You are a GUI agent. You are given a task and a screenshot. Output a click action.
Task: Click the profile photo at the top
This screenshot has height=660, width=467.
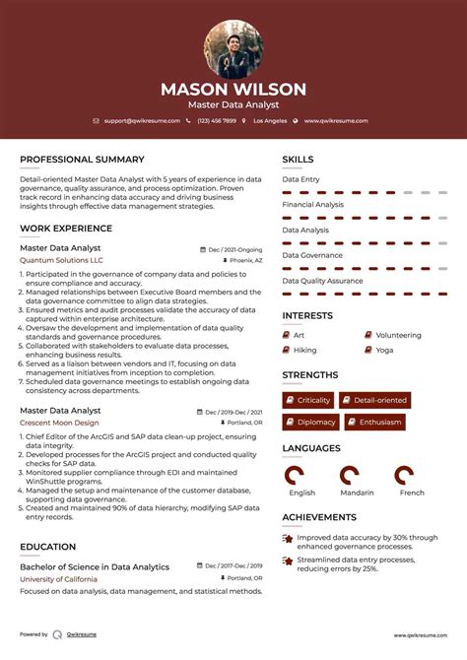point(233,49)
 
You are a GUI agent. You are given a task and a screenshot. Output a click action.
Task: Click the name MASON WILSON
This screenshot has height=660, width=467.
point(233,90)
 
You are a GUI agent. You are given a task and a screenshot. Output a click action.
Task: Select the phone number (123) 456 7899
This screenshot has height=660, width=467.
point(216,120)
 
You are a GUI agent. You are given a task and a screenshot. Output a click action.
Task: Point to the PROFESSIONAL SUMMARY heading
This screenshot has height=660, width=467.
point(82,159)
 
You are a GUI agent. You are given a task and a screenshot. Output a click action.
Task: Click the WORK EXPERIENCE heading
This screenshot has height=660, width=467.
point(66,229)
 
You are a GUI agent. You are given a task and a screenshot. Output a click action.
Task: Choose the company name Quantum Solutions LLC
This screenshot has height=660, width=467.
point(61,260)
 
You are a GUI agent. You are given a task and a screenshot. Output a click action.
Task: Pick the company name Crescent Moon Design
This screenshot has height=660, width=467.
point(61,422)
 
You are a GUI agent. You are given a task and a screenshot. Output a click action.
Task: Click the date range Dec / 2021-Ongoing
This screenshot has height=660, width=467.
point(234,249)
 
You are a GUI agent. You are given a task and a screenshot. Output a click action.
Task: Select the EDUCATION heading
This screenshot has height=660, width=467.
point(47,547)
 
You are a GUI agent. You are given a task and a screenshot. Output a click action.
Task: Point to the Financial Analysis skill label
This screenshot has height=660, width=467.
point(313,204)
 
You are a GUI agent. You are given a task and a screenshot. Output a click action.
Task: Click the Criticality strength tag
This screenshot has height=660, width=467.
point(308,400)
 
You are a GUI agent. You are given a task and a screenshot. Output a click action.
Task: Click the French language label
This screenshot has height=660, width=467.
point(412,493)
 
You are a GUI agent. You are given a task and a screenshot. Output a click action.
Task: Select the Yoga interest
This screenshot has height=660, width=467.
point(383,350)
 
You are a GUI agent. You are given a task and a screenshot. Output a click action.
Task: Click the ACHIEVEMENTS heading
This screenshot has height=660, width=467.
point(319,516)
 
